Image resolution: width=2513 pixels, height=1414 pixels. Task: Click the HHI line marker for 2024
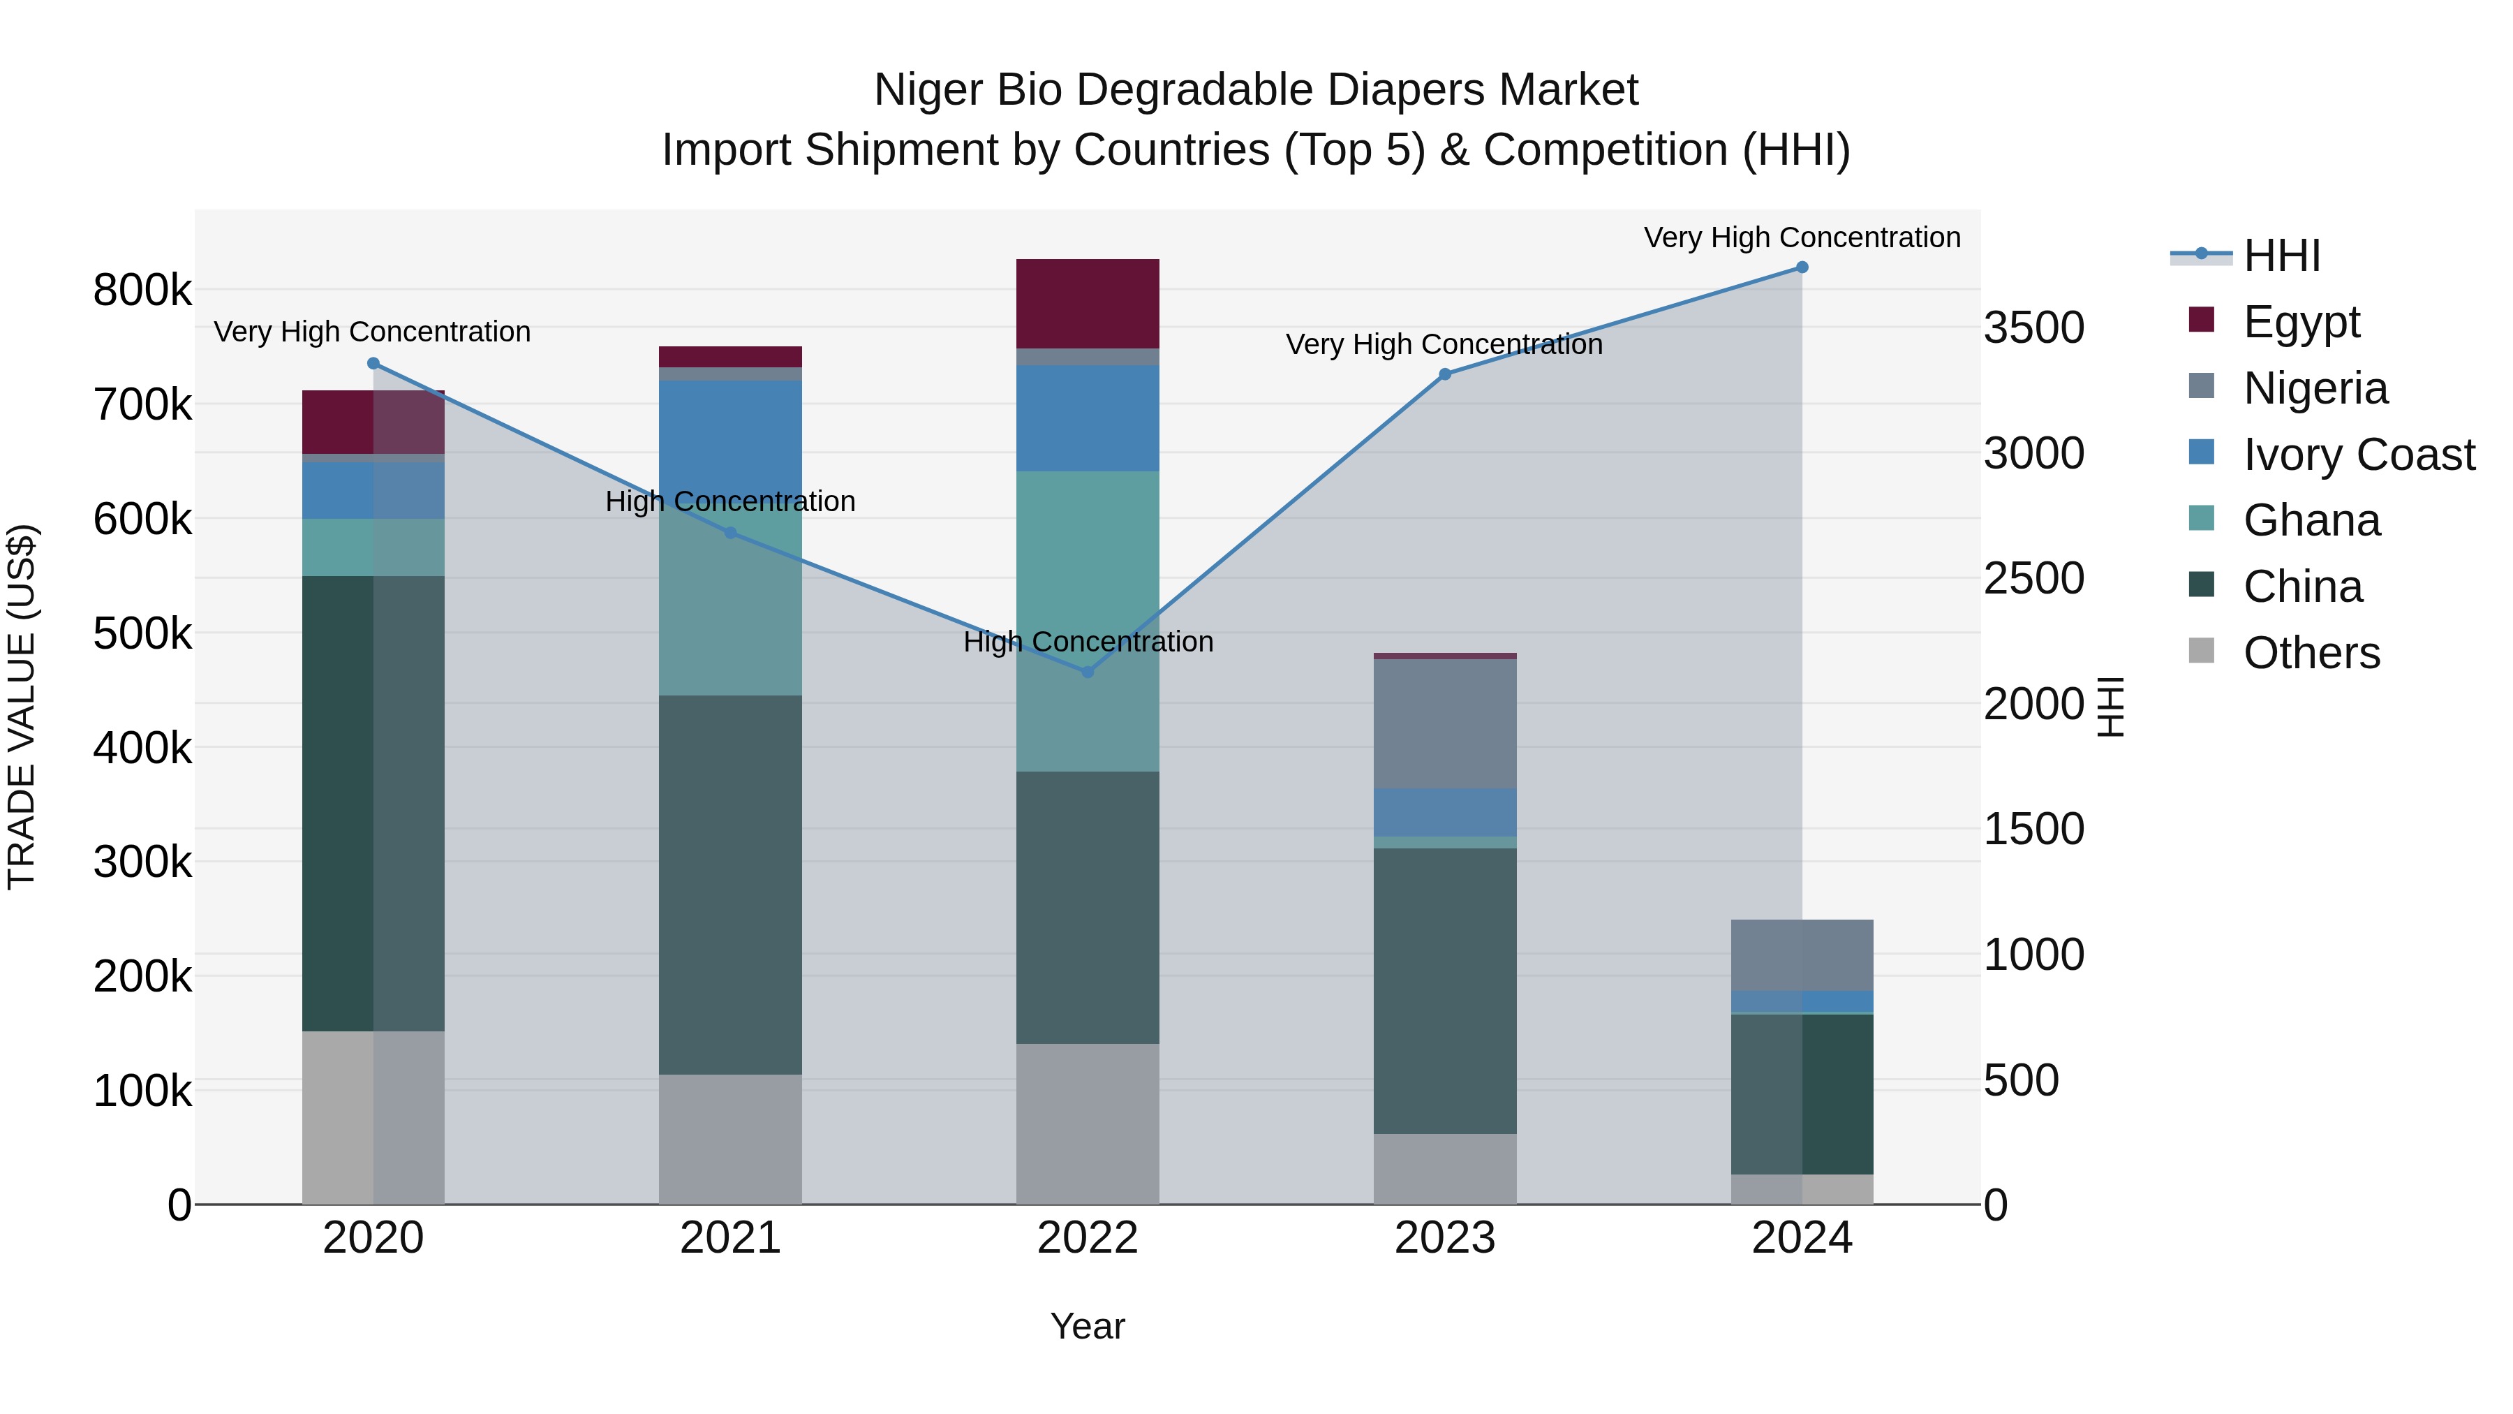coord(1802,267)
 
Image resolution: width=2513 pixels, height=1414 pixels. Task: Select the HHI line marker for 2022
coord(1088,671)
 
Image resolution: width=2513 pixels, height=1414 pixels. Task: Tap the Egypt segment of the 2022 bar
coord(1088,304)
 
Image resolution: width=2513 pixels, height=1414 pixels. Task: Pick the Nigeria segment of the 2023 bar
coord(1445,723)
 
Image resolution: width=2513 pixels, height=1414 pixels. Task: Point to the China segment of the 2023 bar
coord(1445,990)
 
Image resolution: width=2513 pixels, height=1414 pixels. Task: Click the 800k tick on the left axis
coord(142,290)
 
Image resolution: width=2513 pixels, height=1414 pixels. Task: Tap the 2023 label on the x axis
coord(1445,1238)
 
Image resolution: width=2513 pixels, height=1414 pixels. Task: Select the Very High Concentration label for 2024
coord(1802,237)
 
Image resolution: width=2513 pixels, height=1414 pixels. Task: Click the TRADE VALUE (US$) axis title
coord(22,707)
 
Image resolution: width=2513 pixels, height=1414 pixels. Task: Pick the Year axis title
coord(1088,1326)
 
